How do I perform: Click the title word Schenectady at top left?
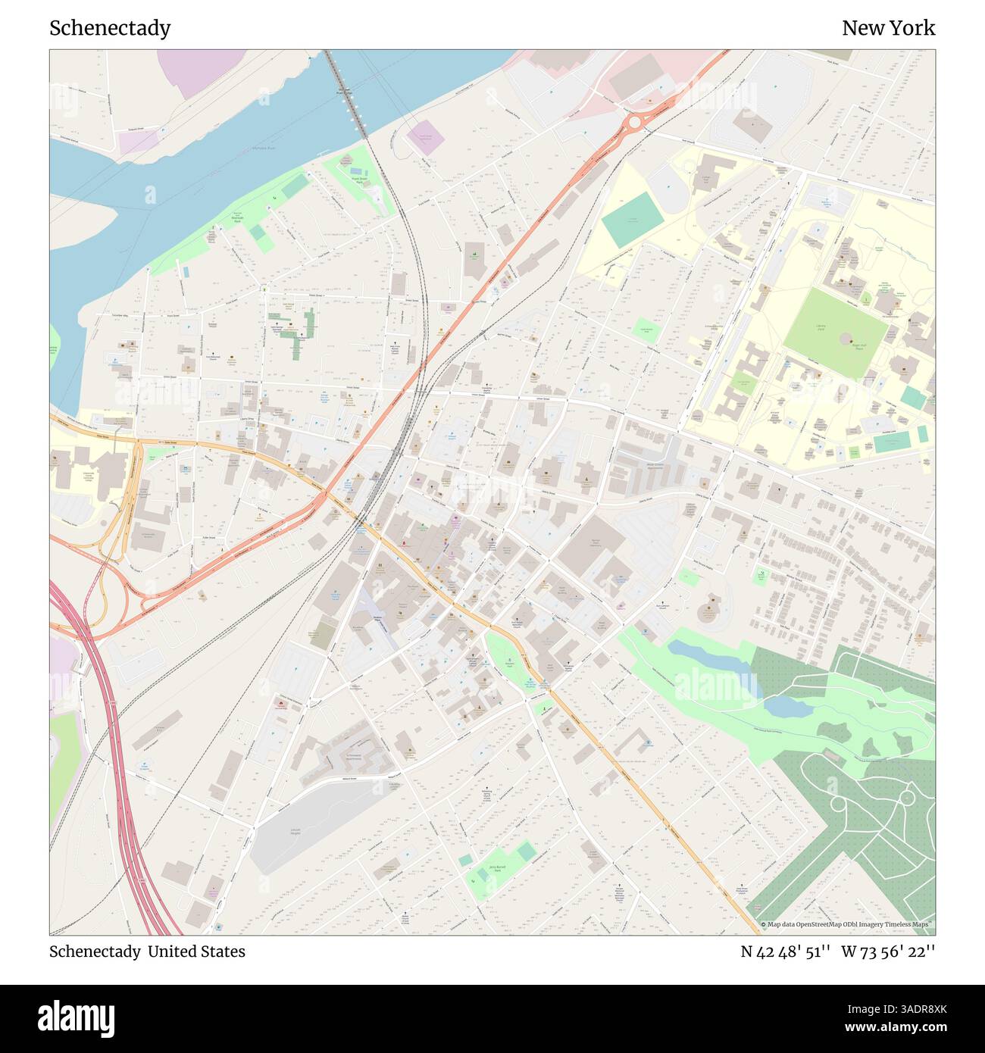(x=110, y=28)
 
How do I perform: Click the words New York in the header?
(x=888, y=28)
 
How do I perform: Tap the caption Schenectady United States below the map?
(x=147, y=951)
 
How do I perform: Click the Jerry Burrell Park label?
(x=497, y=870)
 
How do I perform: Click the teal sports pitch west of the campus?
(x=632, y=219)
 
